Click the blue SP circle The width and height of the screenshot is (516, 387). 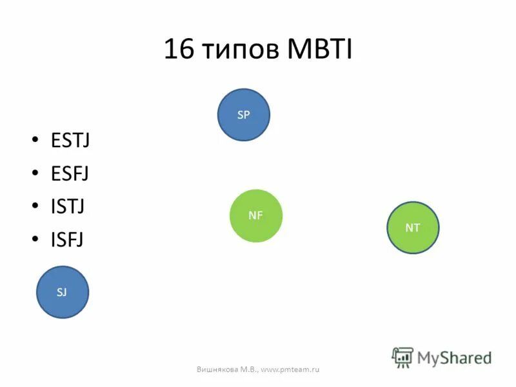click(243, 115)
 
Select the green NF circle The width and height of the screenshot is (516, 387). click(256, 215)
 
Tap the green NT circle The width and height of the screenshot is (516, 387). click(413, 227)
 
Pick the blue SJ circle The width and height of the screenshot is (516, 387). click(62, 292)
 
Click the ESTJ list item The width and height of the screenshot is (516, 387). click(70, 140)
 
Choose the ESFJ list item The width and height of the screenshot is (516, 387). click(70, 174)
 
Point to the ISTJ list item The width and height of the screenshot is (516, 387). click(68, 207)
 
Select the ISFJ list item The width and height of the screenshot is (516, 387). click(67, 240)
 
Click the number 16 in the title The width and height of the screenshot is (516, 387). click(179, 50)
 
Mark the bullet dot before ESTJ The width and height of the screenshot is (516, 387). click(35, 140)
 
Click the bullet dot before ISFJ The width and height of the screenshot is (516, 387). click(35, 240)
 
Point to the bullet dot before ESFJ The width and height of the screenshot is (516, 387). click(35, 174)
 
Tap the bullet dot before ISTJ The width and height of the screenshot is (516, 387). click(35, 207)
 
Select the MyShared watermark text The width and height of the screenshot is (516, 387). click(454, 357)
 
